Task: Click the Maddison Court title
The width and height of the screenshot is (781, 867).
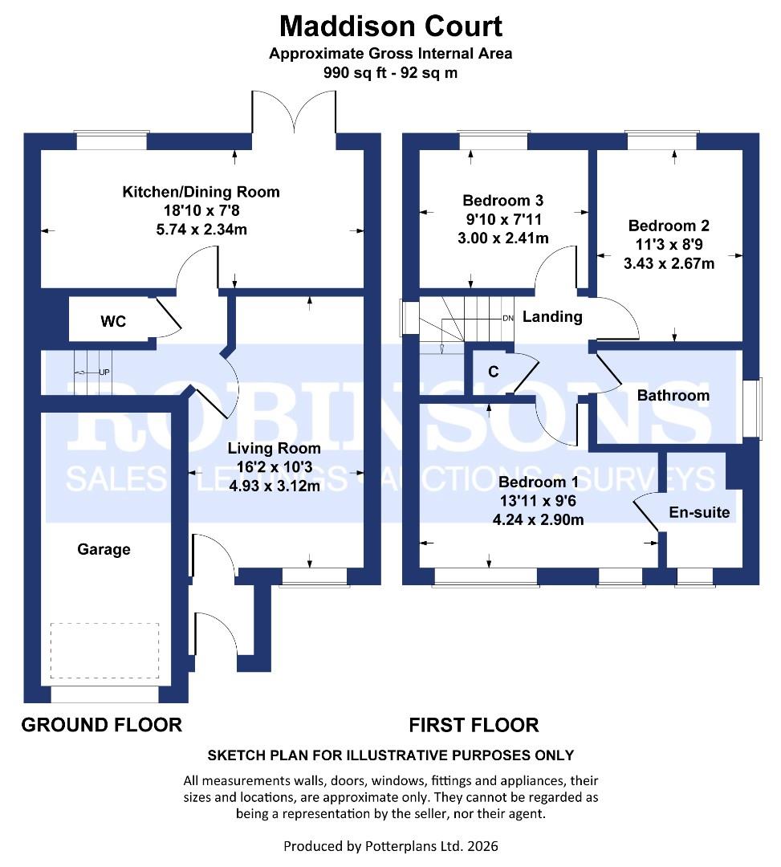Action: click(390, 26)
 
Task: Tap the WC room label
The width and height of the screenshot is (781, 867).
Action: click(112, 322)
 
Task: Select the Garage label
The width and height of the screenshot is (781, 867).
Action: click(104, 550)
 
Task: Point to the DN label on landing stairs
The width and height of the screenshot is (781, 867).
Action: click(507, 319)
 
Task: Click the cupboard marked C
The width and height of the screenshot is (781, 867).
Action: click(493, 372)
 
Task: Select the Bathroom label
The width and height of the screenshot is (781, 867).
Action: click(673, 395)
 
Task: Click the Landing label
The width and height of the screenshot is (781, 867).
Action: click(552, 317)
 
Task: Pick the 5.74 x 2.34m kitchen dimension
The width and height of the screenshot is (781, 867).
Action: click(201, 230)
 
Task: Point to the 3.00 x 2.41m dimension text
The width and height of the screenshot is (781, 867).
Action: click(503, 238)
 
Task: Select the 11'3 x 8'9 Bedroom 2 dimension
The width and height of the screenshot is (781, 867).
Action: click(669, 244)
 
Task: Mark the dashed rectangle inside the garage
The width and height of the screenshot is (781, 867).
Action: click(104, 650)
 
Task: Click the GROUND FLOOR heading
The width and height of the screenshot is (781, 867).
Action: click(101, 725)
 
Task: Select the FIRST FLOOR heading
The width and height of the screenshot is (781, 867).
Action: click(474, 725)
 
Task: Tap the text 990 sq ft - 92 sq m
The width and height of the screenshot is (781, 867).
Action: click(390, 72)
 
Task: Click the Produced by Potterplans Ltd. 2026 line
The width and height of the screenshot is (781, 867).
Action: click(390, 846)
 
